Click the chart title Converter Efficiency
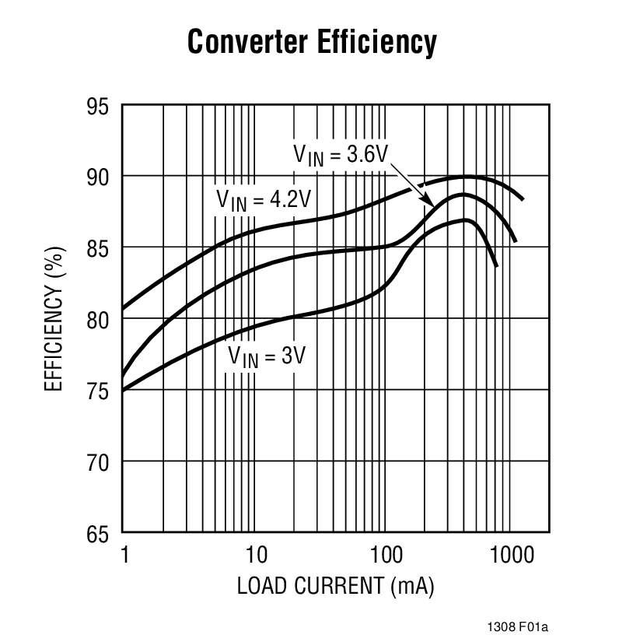coord(312,43)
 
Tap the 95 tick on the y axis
coord(99,107)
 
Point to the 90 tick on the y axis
coord(99,177)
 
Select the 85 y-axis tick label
coord(99,249)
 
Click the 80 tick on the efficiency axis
coord(99,320)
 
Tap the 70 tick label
coord(99,462)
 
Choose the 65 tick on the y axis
coord(99,534)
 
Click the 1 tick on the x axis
coord(124,555)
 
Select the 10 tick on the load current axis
coord(255,555)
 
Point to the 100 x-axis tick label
coord(386,555)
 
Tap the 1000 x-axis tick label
coord(512,555)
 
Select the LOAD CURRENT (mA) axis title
coord(335,585)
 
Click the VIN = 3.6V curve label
coord(340,153)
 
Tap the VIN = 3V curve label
coord(267,357)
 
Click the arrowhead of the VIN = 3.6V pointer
coord(432,203)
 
